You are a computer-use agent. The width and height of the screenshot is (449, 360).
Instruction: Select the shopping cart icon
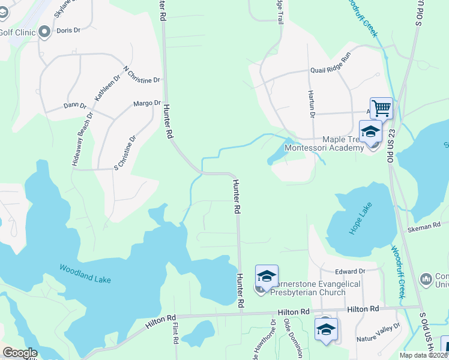(381, 108)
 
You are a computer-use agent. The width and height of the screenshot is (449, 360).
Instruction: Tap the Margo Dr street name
(147, 103)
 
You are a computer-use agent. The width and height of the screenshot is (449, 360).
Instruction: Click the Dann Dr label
(75, 106)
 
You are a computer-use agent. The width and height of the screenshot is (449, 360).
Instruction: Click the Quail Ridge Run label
(330, 70)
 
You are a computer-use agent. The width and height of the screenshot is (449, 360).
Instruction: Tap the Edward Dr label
(351, 272)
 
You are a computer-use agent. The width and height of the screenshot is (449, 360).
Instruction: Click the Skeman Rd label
(427, 227)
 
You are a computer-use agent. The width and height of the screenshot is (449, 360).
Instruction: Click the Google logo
(20, 353)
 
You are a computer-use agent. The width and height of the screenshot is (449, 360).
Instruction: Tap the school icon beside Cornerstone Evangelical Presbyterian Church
(267, 276)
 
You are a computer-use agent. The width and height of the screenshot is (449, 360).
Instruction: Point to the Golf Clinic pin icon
(44, 32)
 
